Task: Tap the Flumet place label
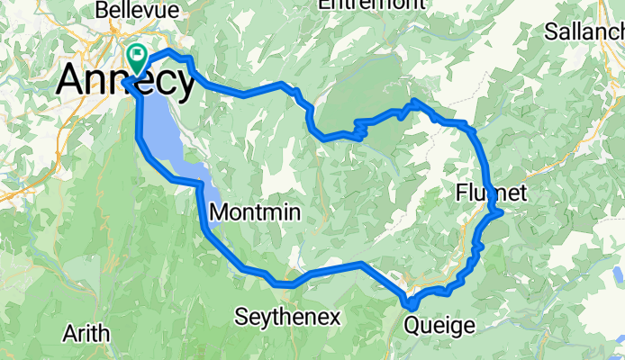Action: [x=490, y=192]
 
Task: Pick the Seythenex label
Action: [x=288, y=317]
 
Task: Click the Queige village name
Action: [x=439, y=325]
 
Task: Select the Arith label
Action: [x=86, y=334]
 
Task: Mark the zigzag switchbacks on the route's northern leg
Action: [x=360, y=130]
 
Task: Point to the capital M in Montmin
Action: [x=218, y=212]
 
